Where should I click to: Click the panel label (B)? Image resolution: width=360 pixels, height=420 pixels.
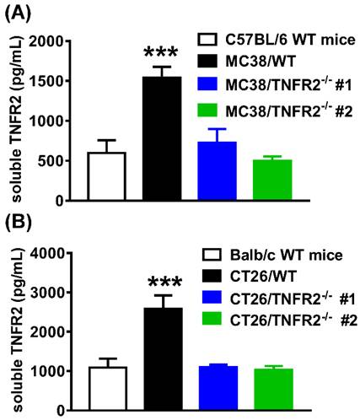point(17,223)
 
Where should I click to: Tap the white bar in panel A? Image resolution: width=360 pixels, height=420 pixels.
point(106,177)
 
